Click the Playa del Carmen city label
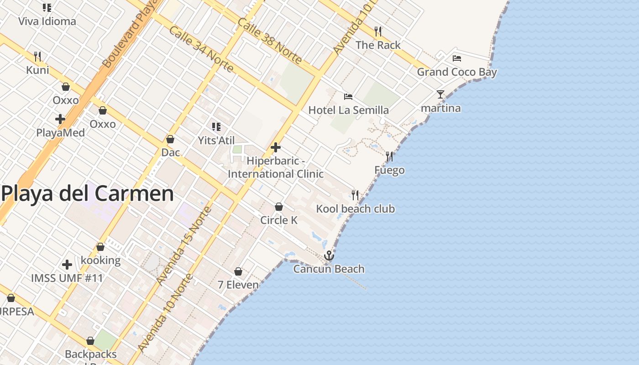88,194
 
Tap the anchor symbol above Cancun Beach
329,255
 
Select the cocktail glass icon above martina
440,94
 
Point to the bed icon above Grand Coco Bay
457,58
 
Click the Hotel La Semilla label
349,110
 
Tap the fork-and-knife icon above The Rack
378,31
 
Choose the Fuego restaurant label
389,170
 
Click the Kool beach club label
356,209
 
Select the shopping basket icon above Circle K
279,207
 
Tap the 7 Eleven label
238,285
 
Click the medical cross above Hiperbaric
276,147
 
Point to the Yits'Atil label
216,141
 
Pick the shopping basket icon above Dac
170,139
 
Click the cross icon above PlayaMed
60,120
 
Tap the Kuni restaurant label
37,70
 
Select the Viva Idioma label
47,21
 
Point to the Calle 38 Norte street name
270,41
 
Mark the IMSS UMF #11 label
67,278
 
